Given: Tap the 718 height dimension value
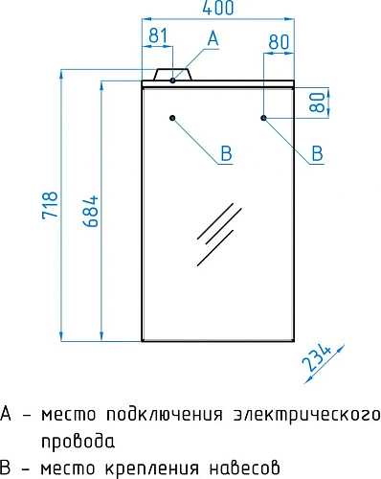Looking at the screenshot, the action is [x=52, y=204].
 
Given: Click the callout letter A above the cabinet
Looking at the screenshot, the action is [x=213, y=37].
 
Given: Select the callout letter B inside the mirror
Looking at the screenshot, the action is [x=226, y=152].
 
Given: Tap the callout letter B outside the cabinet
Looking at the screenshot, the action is [x=316, y=152].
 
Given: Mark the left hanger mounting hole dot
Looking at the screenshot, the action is [x=172, y=118].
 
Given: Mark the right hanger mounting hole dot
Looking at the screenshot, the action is [x=263, y=118].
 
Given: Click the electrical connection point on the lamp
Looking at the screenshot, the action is [x=172, y=80].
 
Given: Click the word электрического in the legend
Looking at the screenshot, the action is [x=307, y=415].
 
